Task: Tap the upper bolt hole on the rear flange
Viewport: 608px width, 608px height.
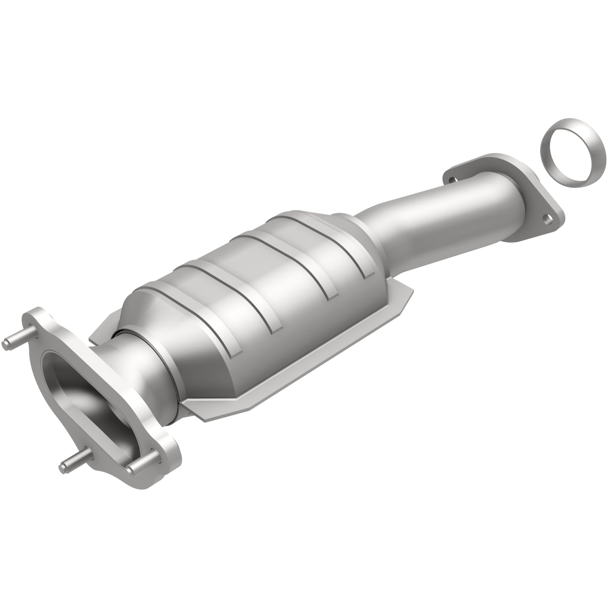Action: click(452, 180)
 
